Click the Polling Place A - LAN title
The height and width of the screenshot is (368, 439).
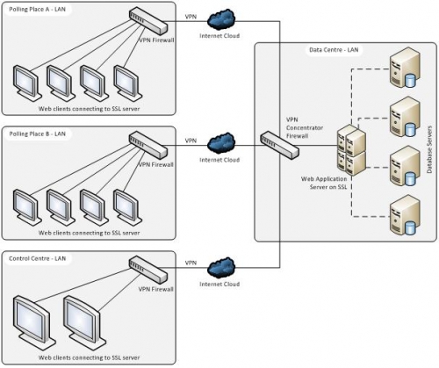click(x=37, y=10)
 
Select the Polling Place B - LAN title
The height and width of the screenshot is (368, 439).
click(x=37, y=134)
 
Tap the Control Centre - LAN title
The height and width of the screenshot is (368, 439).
click(x=38, y=259)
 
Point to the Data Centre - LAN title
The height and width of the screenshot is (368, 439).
click(x=334, y=50)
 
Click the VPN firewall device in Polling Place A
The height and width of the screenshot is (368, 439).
click(x=148, y=21)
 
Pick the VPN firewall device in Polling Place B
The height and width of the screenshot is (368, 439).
click(x=148, y=146)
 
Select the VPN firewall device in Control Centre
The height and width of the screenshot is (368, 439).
click(x=148, y=270)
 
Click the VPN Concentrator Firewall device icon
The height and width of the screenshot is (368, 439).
click(x=280, y=145)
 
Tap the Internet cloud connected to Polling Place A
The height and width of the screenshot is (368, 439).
click(x=221, y=19)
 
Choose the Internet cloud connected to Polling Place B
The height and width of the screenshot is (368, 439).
click(x=221, y=143)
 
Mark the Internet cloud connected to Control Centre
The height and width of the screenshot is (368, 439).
click(x=221, y=268)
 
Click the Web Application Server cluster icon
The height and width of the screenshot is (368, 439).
click(x=351, y=150)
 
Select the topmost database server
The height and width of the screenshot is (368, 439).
click(x=406, y=68)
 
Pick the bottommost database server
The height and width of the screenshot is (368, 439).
click(x=406, y=215)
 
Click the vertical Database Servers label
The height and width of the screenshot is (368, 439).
click(x=429, y=149)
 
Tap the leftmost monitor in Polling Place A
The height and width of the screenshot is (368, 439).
click(x=27, y=83)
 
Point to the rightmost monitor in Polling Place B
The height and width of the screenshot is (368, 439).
click(x=127, y=207)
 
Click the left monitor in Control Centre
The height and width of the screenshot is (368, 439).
click(x=33, y=319)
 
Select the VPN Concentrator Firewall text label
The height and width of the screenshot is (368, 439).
click(x=305, y=127)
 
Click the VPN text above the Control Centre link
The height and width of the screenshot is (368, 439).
click(x=191, y=263)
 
